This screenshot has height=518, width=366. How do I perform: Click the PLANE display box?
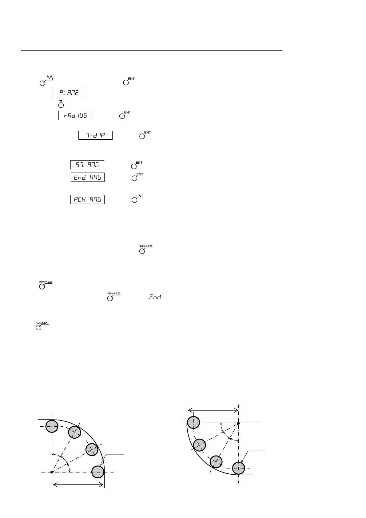tap(69, 93)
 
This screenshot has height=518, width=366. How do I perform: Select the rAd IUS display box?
tap(75, 115)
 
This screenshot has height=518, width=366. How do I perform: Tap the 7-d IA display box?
tap(95, 135)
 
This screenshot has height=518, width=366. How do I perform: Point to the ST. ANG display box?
tap(87, 165)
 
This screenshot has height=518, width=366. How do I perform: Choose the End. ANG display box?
tap(88, 177)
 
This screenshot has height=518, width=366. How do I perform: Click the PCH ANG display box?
tap(88, 199)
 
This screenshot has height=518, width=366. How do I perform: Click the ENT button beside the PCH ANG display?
tap(134, 200)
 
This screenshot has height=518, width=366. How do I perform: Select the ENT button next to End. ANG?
tap(134, 178)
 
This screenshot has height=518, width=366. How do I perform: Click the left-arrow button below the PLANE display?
tap(61, 105)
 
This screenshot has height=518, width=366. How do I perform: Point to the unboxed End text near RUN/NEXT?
tap(155, 297)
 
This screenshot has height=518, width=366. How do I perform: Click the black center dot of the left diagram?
tap(52, 472)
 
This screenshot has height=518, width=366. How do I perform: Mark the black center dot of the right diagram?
tap(238, 423)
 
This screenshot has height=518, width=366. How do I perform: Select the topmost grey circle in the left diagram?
tap(52, 426)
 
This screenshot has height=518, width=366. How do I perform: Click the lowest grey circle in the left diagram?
tap(98, 472)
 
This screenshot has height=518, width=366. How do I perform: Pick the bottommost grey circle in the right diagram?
tap(238, 468)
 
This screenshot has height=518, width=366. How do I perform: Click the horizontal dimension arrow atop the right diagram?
tap(213, 410)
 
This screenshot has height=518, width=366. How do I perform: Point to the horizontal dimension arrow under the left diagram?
tap(78, 485)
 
